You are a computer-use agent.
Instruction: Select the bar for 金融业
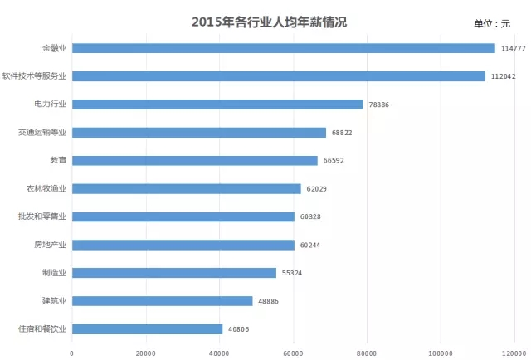click(283, 48)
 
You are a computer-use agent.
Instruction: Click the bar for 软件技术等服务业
click(278, 76)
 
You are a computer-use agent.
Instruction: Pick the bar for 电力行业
click(217, 105)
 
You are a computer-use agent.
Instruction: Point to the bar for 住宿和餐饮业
click(147, 329)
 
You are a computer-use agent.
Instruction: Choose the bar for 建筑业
click(162, 301)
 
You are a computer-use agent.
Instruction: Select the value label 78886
click(381, 105)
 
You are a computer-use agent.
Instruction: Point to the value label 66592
click(335, 161)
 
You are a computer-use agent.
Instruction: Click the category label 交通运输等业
click(43, 133)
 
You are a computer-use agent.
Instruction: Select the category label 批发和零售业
click(43, 216)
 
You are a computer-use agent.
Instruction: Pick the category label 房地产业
click(50, 245)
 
